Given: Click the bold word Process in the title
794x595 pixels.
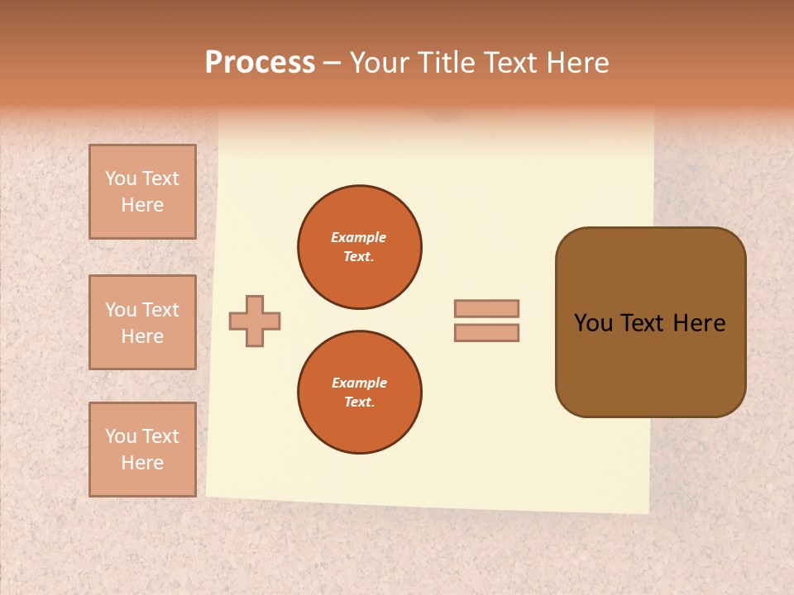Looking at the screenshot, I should pos(260,63).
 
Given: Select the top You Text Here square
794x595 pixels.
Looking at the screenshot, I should pos(142,192).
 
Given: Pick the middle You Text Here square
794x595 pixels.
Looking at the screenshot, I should pos(142,322).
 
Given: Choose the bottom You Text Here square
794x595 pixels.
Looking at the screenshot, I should pos(142,450).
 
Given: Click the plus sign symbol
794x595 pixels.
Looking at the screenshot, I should pos(255,321).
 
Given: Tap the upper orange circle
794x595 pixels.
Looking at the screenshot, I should pos(360,247).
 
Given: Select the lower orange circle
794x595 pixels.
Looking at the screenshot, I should pos(360,393).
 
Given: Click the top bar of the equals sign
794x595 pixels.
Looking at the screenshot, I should pos(486,308).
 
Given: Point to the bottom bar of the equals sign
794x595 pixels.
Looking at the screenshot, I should pos(486,332).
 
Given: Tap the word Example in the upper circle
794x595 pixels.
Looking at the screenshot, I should pos(359,237).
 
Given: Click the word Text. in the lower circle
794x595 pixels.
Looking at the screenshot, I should pos(359,402).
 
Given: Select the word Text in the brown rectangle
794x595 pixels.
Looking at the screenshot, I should pos(642,323).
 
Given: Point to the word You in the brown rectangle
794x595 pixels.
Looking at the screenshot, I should pos(592,323).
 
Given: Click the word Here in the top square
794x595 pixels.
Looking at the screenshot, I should pos(142,205).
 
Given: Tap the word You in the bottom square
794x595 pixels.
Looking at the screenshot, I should pos(121,436).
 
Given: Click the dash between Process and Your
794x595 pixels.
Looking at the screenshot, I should pos(332,63).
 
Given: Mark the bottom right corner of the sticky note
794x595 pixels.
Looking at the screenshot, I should pos(648,512).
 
